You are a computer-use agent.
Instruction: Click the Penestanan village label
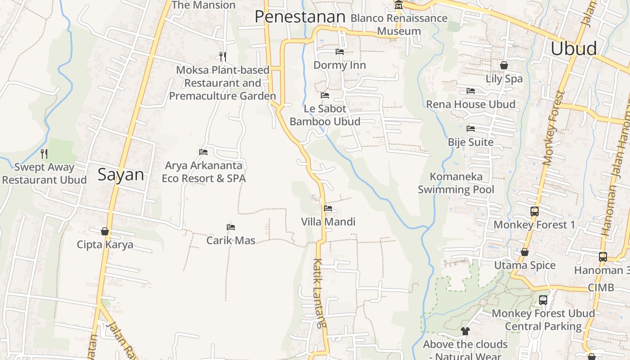pyautogui.click(x=300, y=17)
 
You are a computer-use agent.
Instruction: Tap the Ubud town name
pyautogui.click(x=574, y=49)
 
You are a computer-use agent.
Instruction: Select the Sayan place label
pyautogui.click(x=121, y=175)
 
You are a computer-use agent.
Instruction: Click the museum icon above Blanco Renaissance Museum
pyautogui.click(x=398, y=5)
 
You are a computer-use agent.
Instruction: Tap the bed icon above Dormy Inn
pyautogui.click(x=340, y=52)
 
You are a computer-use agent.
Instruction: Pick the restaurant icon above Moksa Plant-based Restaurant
pyautogui.click(x=222, y=56)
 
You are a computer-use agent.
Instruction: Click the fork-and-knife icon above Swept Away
pyautogui.click(x=44, y=153)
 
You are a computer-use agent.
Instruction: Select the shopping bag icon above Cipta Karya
pyautogui.click(x=105, y=231)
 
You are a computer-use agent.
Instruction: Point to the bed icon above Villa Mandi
pyautogui.click(x=328, y=208)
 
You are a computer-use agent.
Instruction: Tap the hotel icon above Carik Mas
pyautogui.click(x=231, y=227)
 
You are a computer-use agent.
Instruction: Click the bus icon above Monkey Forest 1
pyautogui.click(x=535, y=211)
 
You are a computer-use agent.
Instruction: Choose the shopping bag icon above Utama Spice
pyautogui.click(x=525, y=252)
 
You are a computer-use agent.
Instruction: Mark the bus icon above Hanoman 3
pyautogui.click(x=603, y=257)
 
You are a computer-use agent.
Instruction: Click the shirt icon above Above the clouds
pyautogui.click(x=465, y=331)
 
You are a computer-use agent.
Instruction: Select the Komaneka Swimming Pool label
pyautogui.click(x=456, y=183)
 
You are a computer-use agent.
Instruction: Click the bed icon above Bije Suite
pyautogui.click(x=471, y=129)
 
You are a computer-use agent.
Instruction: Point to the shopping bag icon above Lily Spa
pyautogui.click(x=504, y=65)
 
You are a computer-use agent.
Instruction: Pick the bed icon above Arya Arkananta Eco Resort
pyautogui.click(x=203, y=152)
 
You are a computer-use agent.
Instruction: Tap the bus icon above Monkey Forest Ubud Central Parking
pyautogui.click(x=543, y=300)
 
